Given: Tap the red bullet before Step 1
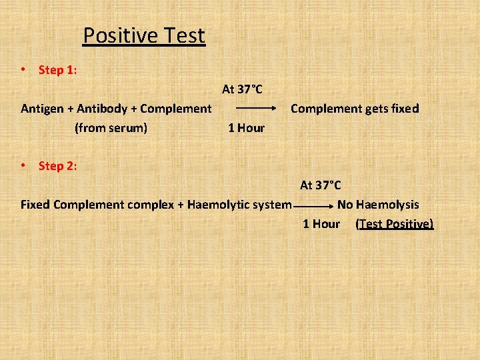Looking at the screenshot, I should (x=23, y=69).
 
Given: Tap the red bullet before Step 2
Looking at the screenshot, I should (x=23, y=165).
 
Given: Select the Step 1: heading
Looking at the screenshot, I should (x=57, y=70).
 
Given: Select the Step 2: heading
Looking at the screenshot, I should (x=57, y=166).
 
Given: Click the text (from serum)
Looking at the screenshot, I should (x=111, y=127).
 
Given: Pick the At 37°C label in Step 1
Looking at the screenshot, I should (x=242, y=89).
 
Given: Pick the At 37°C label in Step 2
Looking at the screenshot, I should (x=320, y=185).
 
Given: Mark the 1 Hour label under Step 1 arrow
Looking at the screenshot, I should (x=246, y=128).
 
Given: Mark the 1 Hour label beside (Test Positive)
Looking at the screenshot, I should (x=321, y=224).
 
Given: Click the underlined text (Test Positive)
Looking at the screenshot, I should (x=394, y=224).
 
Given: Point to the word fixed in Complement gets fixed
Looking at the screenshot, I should (x=404, y=108).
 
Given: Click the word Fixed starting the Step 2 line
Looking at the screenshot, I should (x=35, y=204).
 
